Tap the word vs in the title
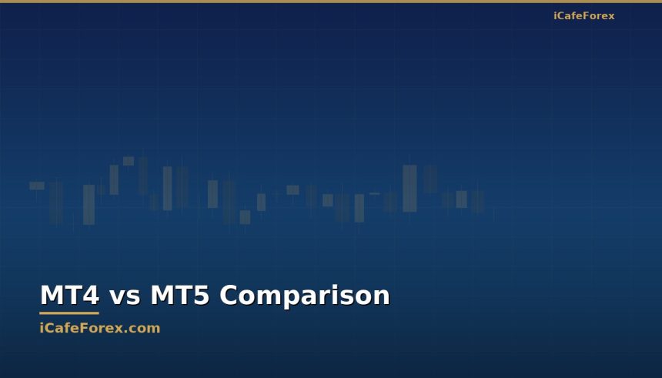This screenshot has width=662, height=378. click(x=124, y=296)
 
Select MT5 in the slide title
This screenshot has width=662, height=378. click(x=179, y=296)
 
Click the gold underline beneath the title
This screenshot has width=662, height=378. click(x=69, y=313)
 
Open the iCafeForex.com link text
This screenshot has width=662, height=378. click(x=100, y=328)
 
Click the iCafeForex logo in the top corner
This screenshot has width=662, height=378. click(x=583, y=16)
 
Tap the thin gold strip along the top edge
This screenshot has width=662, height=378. click(x=331, y=2)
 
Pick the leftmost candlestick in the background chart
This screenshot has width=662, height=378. click(x=37, y=186)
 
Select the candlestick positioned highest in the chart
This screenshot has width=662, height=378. click(x=129, y=161)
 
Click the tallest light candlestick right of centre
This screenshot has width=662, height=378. click(x=410, y=188)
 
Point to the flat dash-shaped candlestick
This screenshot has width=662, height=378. click(x=374, y=193)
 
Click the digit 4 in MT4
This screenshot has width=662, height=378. click(x=89, y=296)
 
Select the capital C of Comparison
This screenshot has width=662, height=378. click(x=230, y=296)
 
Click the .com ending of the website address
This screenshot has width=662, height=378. click(x=145, y=328)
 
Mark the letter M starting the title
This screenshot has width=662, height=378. click(x=49, y=296)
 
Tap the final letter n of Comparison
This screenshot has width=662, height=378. click(x=382, y=297)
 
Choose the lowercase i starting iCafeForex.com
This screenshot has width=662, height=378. click(x=42, y=328)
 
